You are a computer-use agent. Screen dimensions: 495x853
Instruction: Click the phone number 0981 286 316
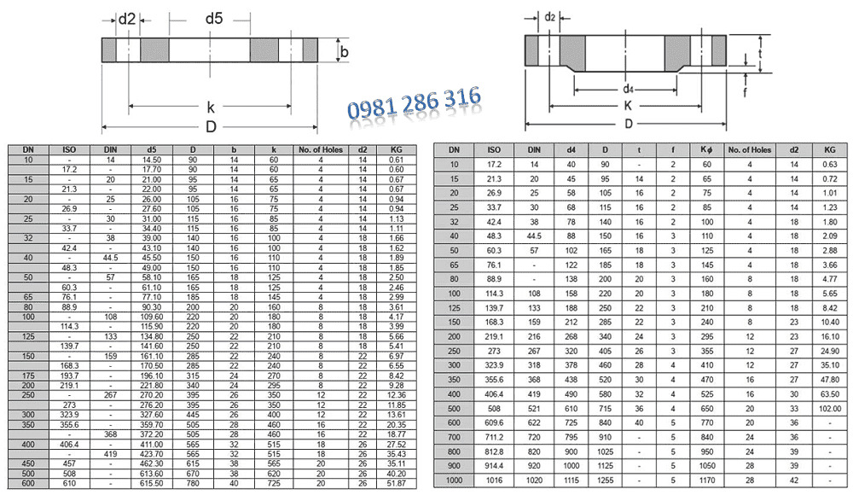[x=414, y=103]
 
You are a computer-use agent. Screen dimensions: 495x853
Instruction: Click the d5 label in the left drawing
[x=213, y=18]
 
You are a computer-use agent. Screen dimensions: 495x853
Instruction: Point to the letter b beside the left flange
[x=345, y=52]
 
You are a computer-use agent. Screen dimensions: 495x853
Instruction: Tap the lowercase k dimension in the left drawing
[x=211, y=108]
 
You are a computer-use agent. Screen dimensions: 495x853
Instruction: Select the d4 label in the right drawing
[x=627, y=89]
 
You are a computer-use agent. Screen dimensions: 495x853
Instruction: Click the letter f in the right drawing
[x=745, y=91]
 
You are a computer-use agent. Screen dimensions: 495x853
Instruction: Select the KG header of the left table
[x=396, y=150]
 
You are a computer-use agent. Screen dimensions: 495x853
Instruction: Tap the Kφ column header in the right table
[x=705, y=150]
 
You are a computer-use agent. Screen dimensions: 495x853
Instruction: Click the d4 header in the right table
[x=572, y=150]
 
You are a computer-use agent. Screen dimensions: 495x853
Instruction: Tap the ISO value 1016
[x=494, y=480]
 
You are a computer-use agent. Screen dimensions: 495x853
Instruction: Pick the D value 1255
[x=605, y=480]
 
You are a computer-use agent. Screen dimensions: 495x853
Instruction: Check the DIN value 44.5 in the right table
[x=534, y=235]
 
